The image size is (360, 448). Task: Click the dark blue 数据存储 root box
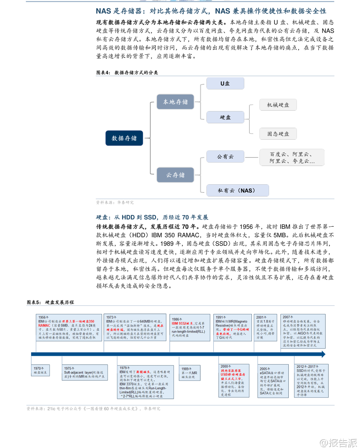pyautogui.click(x=124, y=138)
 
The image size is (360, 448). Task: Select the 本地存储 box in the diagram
pyautogui.click(x=175, y=102)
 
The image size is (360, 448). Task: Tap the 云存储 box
pyautogui.click(x=175, y=175)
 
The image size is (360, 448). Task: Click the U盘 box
pyautogui.click(x=225, y=83)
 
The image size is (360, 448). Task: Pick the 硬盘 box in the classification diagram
pyautogui.click(x=225, y=117)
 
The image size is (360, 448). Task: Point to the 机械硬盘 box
pyautogui.click(x=278, y=105)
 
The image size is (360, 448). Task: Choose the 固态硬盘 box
pyautogui.click(x=278, y=134)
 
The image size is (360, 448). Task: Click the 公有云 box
pyautogui.click(x=225, y=157)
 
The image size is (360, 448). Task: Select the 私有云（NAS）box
pyautogui.click(x=237, y=190)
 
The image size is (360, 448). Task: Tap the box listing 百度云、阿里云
pyautogui.click(x=292, y=157)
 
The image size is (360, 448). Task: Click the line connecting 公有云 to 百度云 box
pyautogui.click(x=251, y=157)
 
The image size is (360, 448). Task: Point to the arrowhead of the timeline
pyautogui.click(x=323, y=354)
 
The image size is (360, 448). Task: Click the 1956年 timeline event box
pyautogui.click(x=69, y=328)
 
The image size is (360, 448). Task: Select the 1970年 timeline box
pyautogui.click(x=40, y=370)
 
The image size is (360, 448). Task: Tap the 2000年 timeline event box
pyautogui.click(x=234, y=380)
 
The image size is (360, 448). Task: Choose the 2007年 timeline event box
pyautogui.click(x=303, y=331)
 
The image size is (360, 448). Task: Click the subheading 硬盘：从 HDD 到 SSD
pyautogui.click(x=152, y=217)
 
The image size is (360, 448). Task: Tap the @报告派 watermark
pyautogui.click(x=338, y=443)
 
